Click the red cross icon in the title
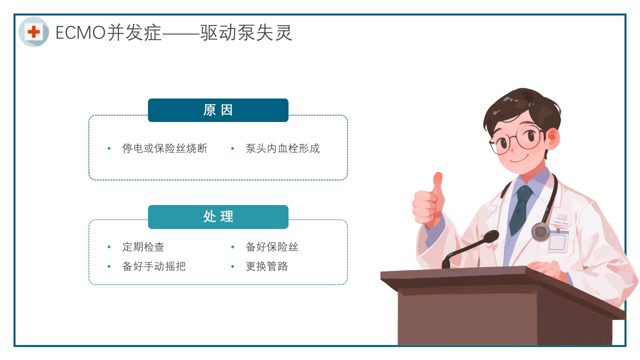tap(33, 32)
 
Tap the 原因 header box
tap(218, 110)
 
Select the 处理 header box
tap(218, 216)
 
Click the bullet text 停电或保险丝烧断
tap(164, 148)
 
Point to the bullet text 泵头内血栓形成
tap(282, 148)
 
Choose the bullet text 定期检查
tap(143, 247)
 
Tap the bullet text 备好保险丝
tap(271, 247)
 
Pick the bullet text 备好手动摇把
tap(153, 266)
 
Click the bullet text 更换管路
tap(266, 266)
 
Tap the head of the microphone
tap(490, 236)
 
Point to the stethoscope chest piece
tap(540, 232)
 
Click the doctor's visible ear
tap(551, 135)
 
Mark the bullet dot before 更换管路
tap(232, 267)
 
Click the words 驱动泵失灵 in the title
tap(246, 33)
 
